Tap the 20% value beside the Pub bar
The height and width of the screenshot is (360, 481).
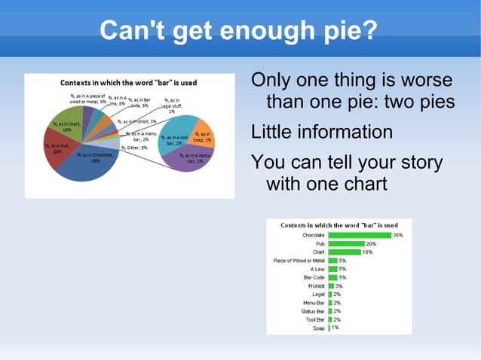click(371, 244)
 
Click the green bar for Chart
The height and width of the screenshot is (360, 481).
click(345, 252)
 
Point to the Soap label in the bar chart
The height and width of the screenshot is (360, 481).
click(318, 328)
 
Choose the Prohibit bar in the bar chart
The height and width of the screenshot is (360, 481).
click(331, 286)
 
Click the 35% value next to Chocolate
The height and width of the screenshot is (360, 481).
click(398, 236)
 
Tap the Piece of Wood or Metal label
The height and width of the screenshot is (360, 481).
click(299, 261)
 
